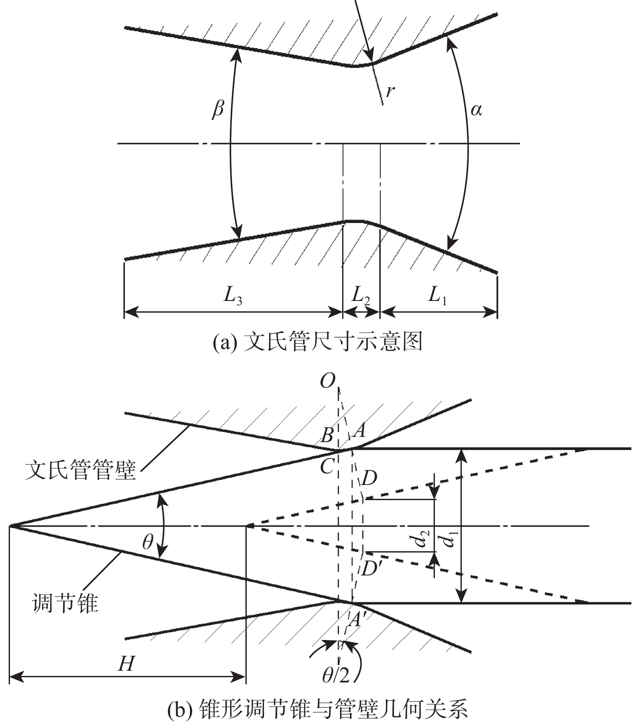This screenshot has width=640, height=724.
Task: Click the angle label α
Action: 476,110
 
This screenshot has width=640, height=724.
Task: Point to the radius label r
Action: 390,91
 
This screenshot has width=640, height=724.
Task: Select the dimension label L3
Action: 232,296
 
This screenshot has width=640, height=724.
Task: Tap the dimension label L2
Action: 361,296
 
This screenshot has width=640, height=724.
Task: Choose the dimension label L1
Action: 437,296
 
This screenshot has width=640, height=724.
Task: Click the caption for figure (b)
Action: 317,709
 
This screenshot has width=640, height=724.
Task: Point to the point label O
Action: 327,381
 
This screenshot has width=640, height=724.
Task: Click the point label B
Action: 327,435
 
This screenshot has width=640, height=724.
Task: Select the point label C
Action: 327,466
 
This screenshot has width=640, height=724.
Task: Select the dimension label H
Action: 127,663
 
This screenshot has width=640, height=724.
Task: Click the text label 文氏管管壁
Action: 81,470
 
